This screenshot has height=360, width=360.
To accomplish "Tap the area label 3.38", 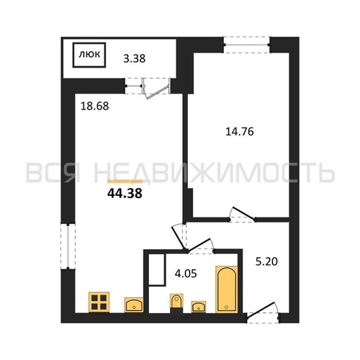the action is point(135,58).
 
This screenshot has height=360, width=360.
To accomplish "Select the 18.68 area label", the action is point(94,106).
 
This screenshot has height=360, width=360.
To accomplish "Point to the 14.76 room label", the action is point(240,132).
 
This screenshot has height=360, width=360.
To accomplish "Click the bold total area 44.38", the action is point(125,193).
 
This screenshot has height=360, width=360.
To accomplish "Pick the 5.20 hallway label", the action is point(266,261).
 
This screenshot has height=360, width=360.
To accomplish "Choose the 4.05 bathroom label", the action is point(186,274).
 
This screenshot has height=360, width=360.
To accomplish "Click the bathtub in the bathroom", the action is point(227,289).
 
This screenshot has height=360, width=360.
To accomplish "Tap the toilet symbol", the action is point(176,303).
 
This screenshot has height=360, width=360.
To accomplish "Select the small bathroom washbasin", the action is point(199,307).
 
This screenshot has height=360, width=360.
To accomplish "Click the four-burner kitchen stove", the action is point(99,302).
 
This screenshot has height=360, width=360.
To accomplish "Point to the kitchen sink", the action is point(134,305).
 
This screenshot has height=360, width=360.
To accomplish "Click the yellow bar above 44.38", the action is point(125,181).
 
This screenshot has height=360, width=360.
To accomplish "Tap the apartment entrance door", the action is point(263,312).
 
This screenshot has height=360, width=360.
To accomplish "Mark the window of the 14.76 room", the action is point(246,45).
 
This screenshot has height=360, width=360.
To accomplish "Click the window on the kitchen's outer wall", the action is point(68,246).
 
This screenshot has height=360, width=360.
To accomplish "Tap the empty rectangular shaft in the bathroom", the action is point(157,270).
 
